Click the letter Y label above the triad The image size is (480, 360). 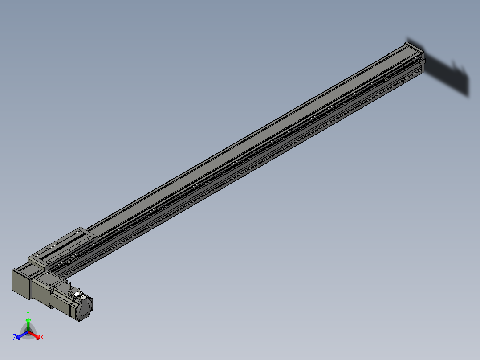click(28, 313)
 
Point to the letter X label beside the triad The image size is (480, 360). click(42, 338)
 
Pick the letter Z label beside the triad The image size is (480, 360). click(15, 338)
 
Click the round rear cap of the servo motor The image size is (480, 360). click(85, 308)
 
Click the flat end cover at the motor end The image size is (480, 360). click(20, 283)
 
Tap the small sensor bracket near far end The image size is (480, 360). click(387, 78)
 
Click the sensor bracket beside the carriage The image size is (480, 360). click(71, 259)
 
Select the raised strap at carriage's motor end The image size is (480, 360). click(38, 262)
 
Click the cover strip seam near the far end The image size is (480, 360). click(403, 67)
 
